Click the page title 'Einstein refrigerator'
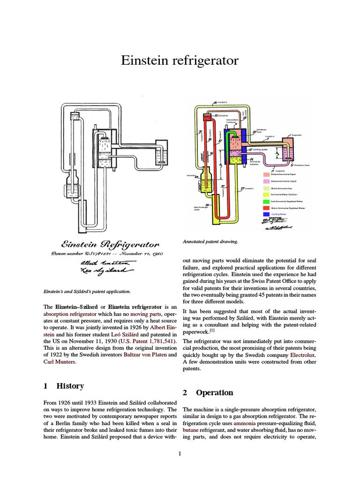[180, 60]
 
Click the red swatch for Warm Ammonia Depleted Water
[267, 207]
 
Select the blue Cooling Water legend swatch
[267, 214]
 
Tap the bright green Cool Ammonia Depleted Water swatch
[267, 201]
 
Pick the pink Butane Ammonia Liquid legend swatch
[267, 180]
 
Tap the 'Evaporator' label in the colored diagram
[296, 135]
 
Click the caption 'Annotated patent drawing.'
[210, 242]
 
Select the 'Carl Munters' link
[60, 362]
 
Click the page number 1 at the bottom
[180, 454]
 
